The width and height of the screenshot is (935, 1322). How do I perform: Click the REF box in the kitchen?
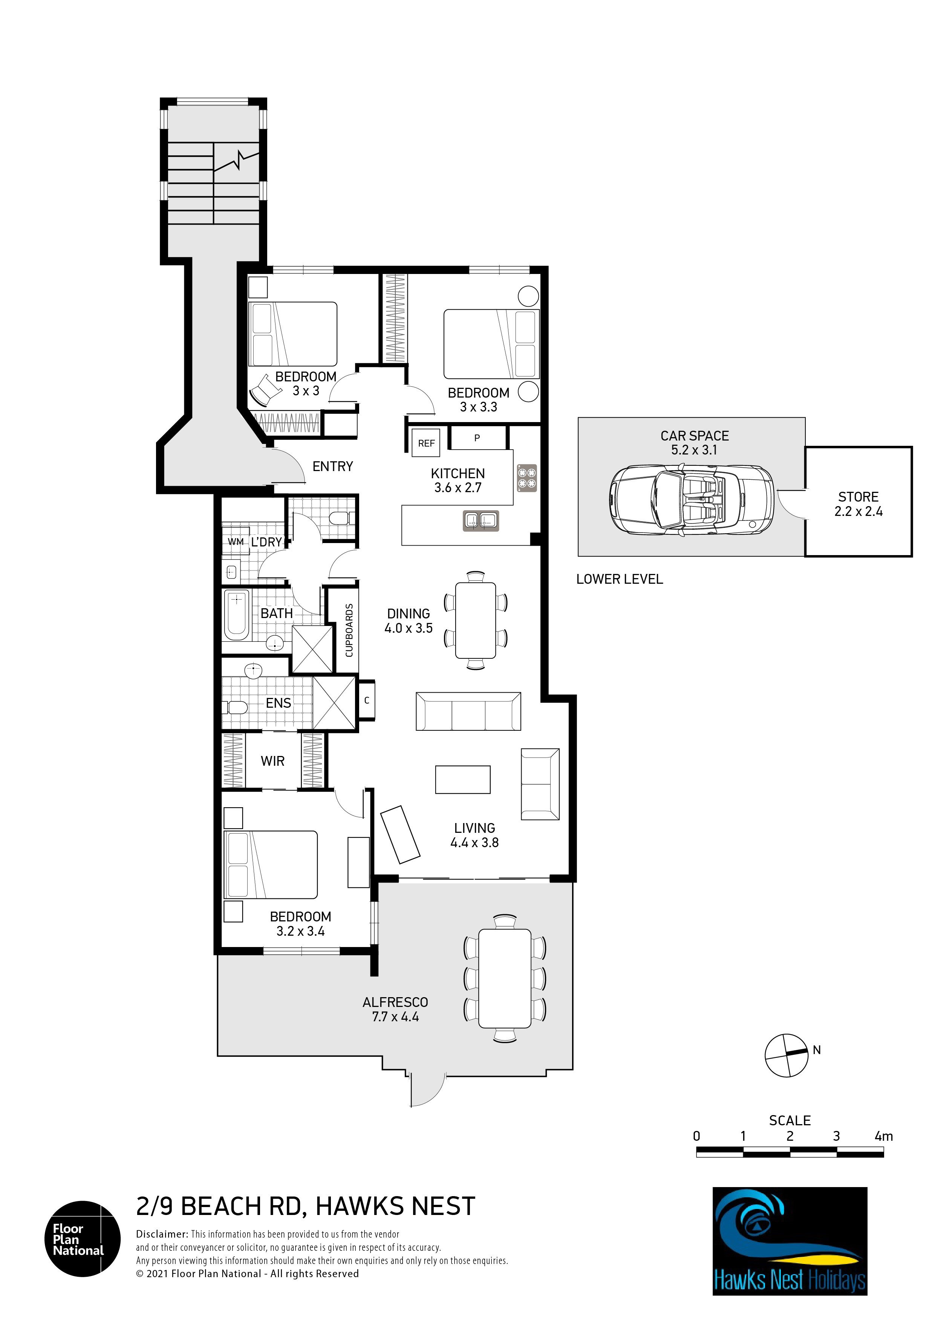coord(426,443)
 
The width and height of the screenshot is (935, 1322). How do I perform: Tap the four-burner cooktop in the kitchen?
coord(527,478)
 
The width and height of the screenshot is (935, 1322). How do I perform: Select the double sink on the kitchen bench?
coord(481,520)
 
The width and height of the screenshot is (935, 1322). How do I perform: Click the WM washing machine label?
coord(236,542)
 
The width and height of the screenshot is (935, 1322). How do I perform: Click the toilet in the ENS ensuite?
coord(236,707)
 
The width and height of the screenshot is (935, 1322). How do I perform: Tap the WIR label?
coord(272,761)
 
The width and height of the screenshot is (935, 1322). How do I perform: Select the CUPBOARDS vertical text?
coord(349,630)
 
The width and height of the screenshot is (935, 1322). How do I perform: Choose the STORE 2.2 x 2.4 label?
coord(858,504)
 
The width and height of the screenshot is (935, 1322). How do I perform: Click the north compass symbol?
coord(787,1056)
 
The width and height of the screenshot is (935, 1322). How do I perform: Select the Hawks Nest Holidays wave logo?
coord(790,1241)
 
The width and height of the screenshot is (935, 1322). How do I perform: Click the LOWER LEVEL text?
coord(620,579)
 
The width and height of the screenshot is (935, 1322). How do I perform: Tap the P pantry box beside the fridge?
coord(477,438)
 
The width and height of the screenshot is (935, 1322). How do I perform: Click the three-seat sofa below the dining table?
coord(468,711)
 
